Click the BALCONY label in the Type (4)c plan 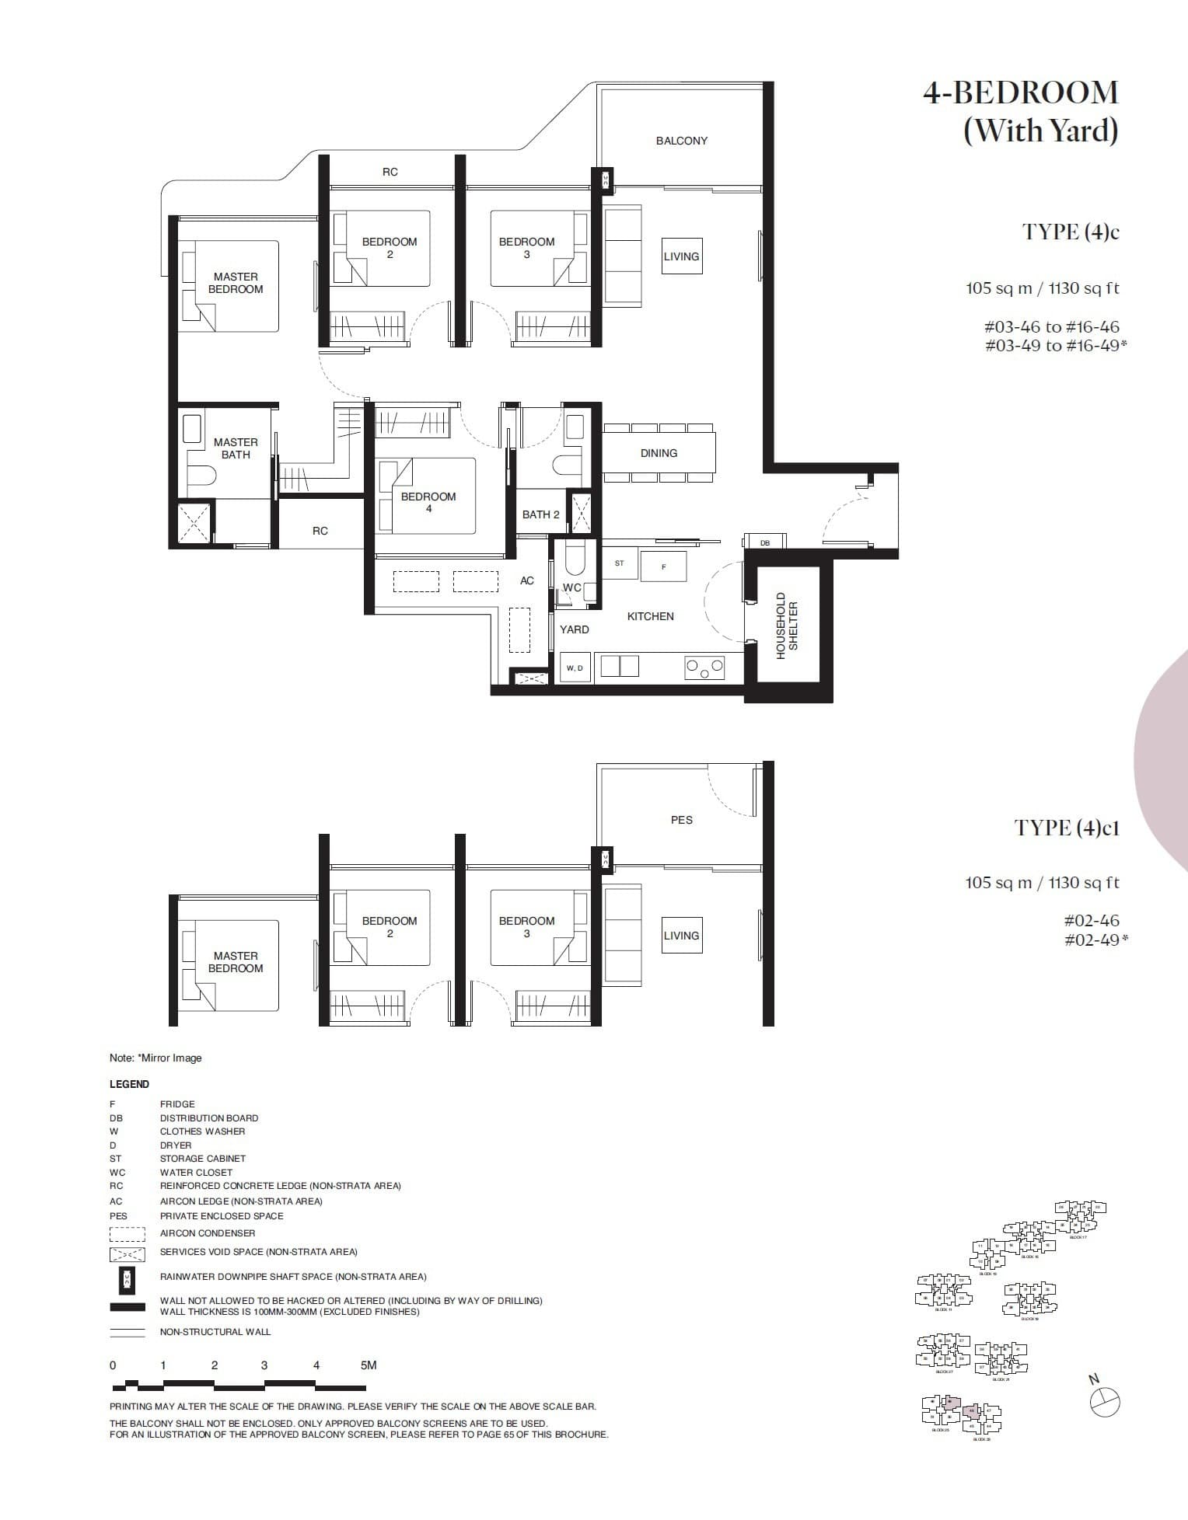point(681,141)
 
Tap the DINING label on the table point(659,453)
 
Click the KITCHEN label point(650,616)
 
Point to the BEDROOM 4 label point(428,502)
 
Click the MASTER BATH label point(236,448)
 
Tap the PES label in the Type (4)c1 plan point(681,820)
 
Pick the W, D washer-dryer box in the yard point(575,668)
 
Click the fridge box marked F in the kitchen point(663,567)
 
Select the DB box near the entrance point(765,542)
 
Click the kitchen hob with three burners point(704,668)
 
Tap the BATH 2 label point(540,514)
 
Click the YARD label point(574,629)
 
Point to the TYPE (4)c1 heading point(1066,828)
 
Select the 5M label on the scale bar point(369,1365)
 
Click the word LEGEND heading point(129,1084)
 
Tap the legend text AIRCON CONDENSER point(207,1233)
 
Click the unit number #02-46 point(1091,921)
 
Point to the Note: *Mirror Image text point(155,1058)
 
